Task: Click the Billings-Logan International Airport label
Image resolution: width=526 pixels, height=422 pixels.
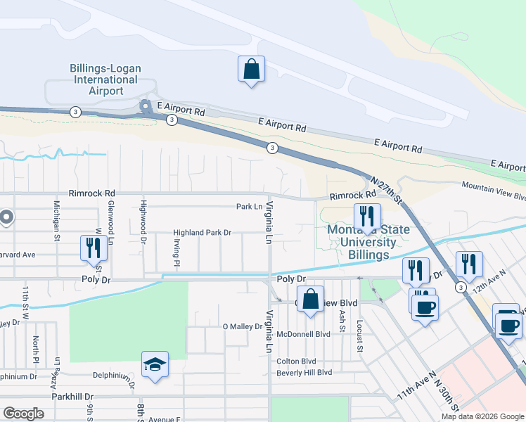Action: pyautogui.click(x=105, y=79)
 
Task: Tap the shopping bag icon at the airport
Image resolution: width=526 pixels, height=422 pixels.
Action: pyautogui.click(x=251, y=70)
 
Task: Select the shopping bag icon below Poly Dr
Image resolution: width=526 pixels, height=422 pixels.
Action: pyautogui.click(x=310, y=300)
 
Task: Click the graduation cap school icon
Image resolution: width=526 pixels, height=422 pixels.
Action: pyautogui.click(x=155, y=365)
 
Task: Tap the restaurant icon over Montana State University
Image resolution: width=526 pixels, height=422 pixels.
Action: pyautogui.click(x=366, y=218)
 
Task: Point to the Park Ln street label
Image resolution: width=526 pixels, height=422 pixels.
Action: pyautogui.click(x=248, y=207)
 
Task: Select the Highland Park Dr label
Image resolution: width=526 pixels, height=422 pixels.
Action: pyautogui.click(x=203, y=233)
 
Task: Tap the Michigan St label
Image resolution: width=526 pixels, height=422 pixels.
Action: pyautogui.click(x=56, y=219)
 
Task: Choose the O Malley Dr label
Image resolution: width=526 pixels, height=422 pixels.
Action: pyautogui.click(x=242, y=326)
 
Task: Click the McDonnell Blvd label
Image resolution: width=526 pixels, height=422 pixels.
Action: pyautogui.click(x=303, y=334)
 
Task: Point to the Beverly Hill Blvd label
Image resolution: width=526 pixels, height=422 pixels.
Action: pyautogui.click(x=304, y=372)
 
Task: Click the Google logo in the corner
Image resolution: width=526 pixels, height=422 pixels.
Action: pyautogui.click(x=23, y=414)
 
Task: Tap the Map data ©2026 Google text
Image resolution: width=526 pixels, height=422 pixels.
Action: pyautogui.click(x=482, y=416)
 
